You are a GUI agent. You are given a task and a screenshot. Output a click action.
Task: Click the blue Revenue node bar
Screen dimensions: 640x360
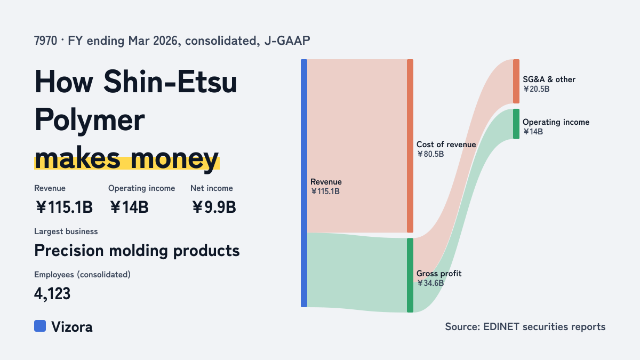click(304, 183)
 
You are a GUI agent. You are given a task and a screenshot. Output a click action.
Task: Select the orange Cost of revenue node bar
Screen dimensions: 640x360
click(410, 146)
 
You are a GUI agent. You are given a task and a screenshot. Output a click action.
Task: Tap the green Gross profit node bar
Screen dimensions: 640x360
click(410, 275)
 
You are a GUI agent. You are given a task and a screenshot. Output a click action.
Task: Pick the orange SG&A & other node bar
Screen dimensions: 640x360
click(516, 82)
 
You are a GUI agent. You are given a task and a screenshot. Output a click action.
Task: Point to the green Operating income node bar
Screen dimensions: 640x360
click(516, 124)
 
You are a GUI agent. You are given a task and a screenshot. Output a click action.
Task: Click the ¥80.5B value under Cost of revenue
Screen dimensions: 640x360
click(430, 154)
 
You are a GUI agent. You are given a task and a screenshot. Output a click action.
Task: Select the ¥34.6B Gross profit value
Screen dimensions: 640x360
click(430, 283)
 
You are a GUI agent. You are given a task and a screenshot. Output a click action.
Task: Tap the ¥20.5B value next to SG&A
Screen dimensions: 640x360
click(537, 89)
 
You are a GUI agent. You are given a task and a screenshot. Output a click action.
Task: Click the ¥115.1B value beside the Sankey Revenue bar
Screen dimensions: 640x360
click(325, 191)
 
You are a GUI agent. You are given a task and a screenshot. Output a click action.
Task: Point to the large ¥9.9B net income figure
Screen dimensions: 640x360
click(214, 207)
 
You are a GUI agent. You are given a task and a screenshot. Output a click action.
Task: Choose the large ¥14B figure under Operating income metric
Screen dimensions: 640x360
click(129, 207)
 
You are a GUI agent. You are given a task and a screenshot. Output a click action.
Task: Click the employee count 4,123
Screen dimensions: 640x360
click(52, 294)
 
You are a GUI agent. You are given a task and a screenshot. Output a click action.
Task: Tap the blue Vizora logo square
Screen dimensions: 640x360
click(40, 326)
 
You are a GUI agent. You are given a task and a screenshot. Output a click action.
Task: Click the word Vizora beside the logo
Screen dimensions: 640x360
click(72, 327)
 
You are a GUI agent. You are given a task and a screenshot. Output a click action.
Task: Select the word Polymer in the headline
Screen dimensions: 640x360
click(90, 121)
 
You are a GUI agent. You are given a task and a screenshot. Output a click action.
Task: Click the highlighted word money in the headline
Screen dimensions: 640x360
click(174, 159)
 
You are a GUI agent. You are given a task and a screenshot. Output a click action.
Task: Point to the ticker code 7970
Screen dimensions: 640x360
click(46, 41)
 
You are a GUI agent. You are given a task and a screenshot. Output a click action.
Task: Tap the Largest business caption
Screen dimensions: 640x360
click(66, 231)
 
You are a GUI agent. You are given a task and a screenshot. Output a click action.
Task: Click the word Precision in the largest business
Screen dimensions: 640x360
click(69, 251)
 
